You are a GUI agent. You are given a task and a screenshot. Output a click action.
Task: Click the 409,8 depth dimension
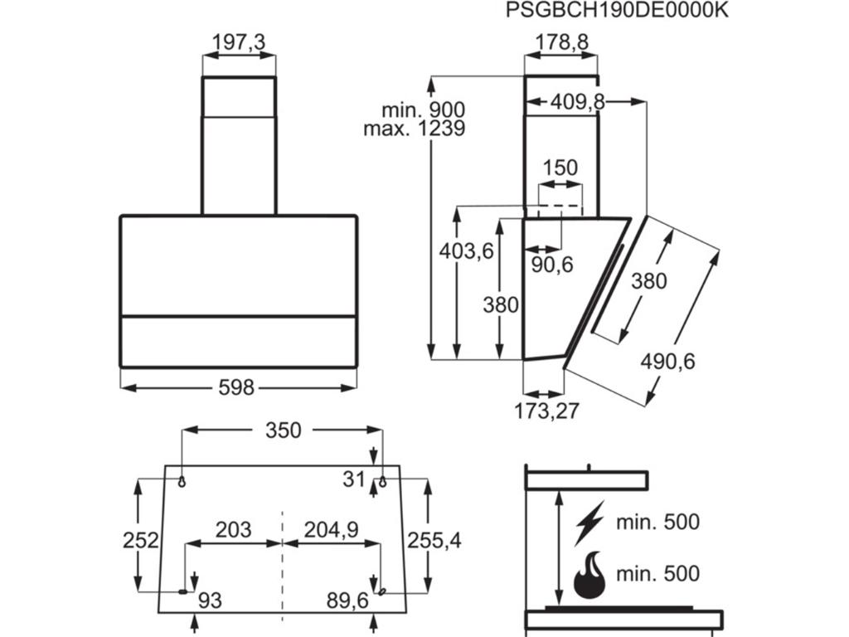[578, 102]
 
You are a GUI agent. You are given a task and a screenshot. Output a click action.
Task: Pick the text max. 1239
[414, 129]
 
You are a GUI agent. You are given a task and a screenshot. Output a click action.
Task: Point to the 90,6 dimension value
[551, 265]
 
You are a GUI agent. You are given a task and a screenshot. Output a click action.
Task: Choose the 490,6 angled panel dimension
[667, 362]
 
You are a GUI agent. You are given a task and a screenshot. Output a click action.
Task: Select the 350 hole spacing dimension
[283, 430]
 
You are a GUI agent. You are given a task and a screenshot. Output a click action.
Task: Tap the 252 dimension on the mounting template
[140, 540]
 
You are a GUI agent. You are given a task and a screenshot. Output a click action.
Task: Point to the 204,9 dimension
[331, 530]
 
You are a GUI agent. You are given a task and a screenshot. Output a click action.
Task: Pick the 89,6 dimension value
[347, 600]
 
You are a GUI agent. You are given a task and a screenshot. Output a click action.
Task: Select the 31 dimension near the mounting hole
[354, 479]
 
